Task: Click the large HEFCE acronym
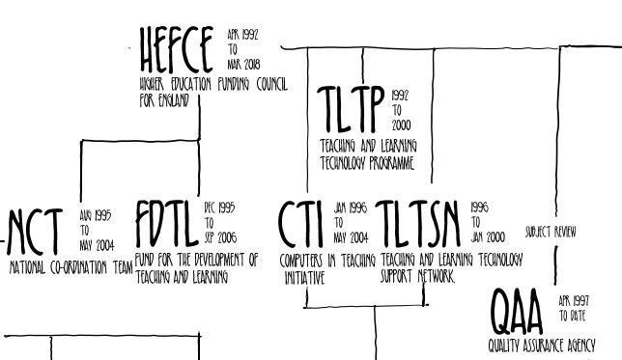[x=177, y=50]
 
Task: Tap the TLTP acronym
[x=351, y=109]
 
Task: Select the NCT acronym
[x=35, y=233]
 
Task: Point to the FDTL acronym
[x=167, y=224]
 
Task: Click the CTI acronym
[x=300, y=225]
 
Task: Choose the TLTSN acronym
[x=417, y=225]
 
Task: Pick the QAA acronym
[x=516, y=312]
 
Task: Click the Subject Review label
[x=551, y=232]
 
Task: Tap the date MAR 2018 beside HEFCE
[x=244, y=65]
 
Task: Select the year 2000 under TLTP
[x=401, y=125]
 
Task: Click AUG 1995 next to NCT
[x=96, y=215]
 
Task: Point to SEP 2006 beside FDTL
[x=220, y=237]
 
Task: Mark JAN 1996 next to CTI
[x=351, y=208]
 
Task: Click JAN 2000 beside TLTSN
[x=488, y=237]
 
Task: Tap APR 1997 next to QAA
[x=574, y=301]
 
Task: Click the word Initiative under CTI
[x=304, y=278]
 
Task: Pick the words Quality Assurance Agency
[x=542, y=346]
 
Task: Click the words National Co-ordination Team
[x=71, y=267]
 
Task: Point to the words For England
[x=164, y=100]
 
